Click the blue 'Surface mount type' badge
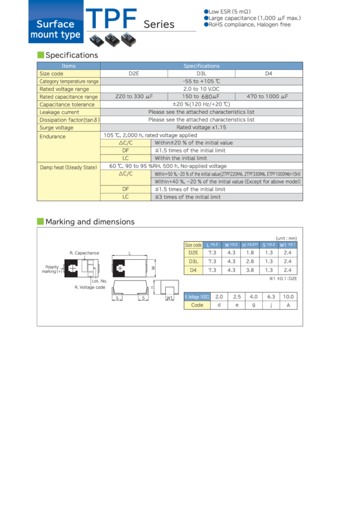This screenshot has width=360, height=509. (x=55, y=29)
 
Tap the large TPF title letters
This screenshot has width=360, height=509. (x=111, y=19)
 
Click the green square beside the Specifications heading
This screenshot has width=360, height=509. (x=41, y=55)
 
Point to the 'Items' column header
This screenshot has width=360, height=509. (x=69, y=66)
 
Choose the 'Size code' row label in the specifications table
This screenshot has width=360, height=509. (x=52, y=74)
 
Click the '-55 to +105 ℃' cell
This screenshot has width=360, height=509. (x=202, y=81)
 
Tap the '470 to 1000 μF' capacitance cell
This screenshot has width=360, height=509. (x=269, y=96)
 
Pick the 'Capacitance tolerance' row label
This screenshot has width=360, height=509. (x=64, y=104)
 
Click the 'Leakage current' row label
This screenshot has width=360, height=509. (x=59, y=112)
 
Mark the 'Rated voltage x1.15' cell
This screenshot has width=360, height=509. (x=202, y=128)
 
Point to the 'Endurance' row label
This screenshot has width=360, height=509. (x=53, y=137)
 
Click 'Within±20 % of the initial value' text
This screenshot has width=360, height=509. (x=193, y=143)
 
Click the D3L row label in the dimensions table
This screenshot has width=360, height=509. (x=193, y=262)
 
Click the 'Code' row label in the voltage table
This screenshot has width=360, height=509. (x=197, y=305)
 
